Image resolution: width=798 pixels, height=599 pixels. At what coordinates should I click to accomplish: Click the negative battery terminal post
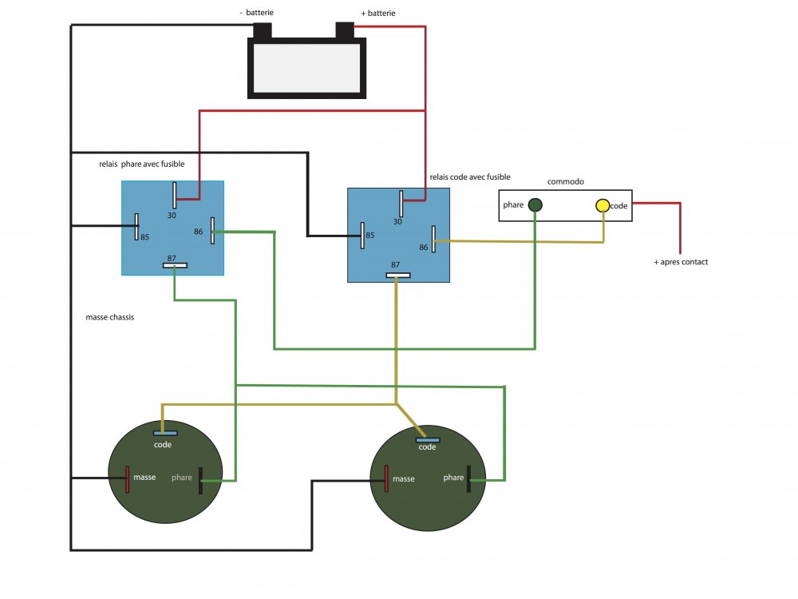click(x=263, y=30)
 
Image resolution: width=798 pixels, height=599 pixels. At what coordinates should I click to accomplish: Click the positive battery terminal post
click(x=345, y=30)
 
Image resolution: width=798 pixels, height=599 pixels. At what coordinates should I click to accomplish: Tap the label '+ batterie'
click(x=377, y=14)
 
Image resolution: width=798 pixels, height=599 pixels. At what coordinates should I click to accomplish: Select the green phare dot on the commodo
click(x=535, y=205)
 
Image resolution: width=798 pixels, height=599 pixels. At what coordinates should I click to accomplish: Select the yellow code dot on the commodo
click(x=602, y=205)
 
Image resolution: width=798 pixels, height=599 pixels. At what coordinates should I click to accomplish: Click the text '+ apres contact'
click(x=681, y=262)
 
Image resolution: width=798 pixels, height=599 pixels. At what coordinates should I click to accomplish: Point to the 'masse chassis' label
click(x=109, y=317)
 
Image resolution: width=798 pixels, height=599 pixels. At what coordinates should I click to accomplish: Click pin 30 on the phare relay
click(x=175, y=195)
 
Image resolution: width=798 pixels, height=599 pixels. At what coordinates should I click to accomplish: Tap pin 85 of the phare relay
click(x=137, y=226)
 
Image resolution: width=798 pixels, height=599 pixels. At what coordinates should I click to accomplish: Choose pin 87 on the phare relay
click(x=175, y=265)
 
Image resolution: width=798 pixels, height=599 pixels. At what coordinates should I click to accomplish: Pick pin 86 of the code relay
click(x=433, y=239)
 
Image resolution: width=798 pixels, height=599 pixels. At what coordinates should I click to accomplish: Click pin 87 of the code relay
click(x=397, y=276)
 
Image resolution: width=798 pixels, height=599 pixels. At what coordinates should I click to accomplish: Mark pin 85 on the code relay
click(x=363, y=236)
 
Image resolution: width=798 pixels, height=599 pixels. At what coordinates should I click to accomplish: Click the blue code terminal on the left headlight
click(x=165, y=433)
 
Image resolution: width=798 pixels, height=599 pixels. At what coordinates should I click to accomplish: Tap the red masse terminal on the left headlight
click(x=127, y=479)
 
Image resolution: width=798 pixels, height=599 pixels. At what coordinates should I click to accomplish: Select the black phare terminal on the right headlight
click(x=468, y=479)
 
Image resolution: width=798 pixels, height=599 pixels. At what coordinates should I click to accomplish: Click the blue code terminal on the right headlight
click(x=428, y=438)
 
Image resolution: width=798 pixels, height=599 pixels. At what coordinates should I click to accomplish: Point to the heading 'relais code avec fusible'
click(x=469, y=177)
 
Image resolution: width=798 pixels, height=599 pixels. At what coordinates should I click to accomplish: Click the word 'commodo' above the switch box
click(x=565, y=181)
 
